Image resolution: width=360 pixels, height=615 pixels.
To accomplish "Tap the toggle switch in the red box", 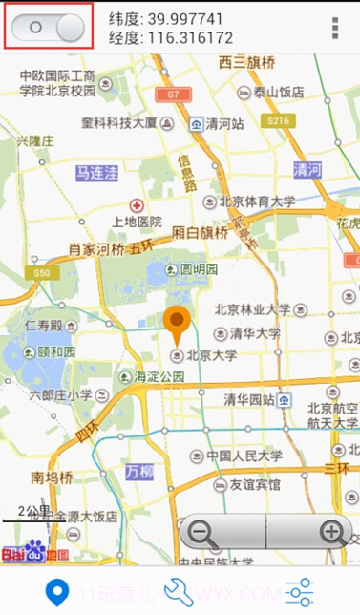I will [x=50, y=27].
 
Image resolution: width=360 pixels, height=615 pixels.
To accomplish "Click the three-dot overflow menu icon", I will [x=335, y=29].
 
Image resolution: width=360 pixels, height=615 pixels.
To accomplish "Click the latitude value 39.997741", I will [x=180, y=18].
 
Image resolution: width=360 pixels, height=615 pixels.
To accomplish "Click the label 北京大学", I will [x=210, y=355].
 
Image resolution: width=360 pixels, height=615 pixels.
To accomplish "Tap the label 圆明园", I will [x=200, y=270].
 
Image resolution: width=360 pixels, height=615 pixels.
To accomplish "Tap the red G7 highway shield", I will [x=173, y=95].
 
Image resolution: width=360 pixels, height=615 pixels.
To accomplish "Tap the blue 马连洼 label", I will [x=97, y=173].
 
